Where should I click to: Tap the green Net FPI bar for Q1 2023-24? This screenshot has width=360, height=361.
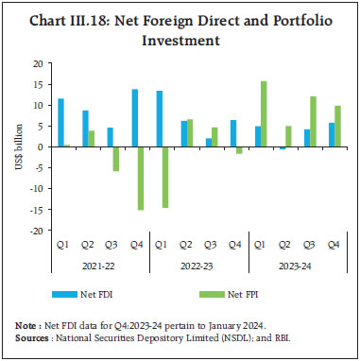pyautogui.click(x=265, y=114)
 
